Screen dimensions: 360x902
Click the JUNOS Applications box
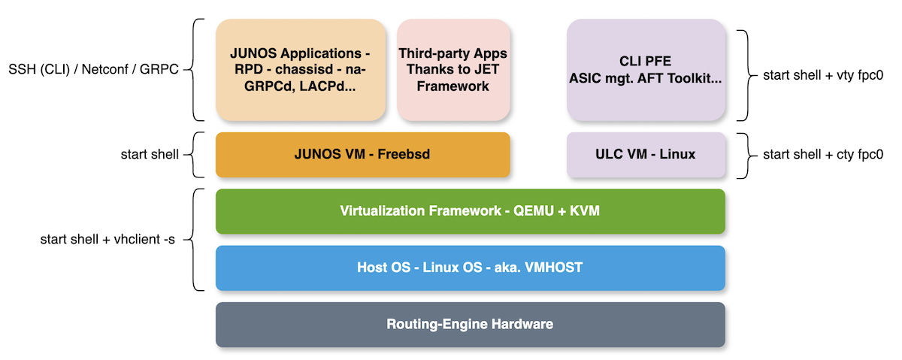coord(301,70)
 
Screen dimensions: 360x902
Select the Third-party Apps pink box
coord(453,70)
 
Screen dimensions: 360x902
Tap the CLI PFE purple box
coord(646,70)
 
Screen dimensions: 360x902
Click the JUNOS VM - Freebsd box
coord(362,155)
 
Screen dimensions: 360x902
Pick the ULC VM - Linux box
coord(646,155)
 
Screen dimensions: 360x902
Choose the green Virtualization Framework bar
coord(470,211)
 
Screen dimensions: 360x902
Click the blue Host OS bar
coord(470,268)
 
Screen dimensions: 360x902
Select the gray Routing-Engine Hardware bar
coord(470,325)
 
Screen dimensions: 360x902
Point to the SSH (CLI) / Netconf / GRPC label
coord(92,70)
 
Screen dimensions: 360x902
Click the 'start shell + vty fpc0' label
coord(822,75)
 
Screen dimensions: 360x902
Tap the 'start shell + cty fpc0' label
coord(822,155)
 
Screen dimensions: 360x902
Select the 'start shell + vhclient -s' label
coord(107,240)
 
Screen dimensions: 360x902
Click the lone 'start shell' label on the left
coord(150,155)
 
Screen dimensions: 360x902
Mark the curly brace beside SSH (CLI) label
coord(195,70)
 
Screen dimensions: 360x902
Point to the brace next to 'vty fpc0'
coord(744,75)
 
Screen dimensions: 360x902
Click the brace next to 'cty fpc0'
coord(744,155)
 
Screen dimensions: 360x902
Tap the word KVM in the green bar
coord(584,211)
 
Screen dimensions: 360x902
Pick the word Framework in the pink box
coord(453,86)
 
